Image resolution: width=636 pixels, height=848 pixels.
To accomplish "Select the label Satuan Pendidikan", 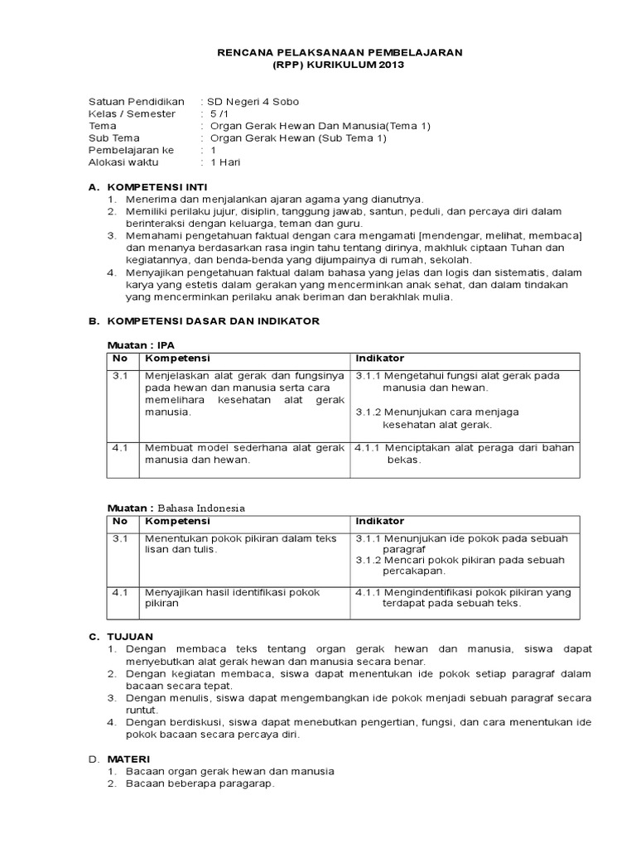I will (x=136, y=101).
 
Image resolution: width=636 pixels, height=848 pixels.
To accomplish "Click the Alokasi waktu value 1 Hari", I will (x=224, y=162).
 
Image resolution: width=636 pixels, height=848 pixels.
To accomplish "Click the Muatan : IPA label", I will (x=142, y=344).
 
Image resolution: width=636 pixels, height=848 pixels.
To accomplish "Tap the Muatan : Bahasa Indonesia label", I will (x=176, y=508).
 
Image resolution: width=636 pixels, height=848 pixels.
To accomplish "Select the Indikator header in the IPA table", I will (x=380, y=359).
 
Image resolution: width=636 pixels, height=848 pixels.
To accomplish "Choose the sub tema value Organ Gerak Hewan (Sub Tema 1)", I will (x=298, y=138).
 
